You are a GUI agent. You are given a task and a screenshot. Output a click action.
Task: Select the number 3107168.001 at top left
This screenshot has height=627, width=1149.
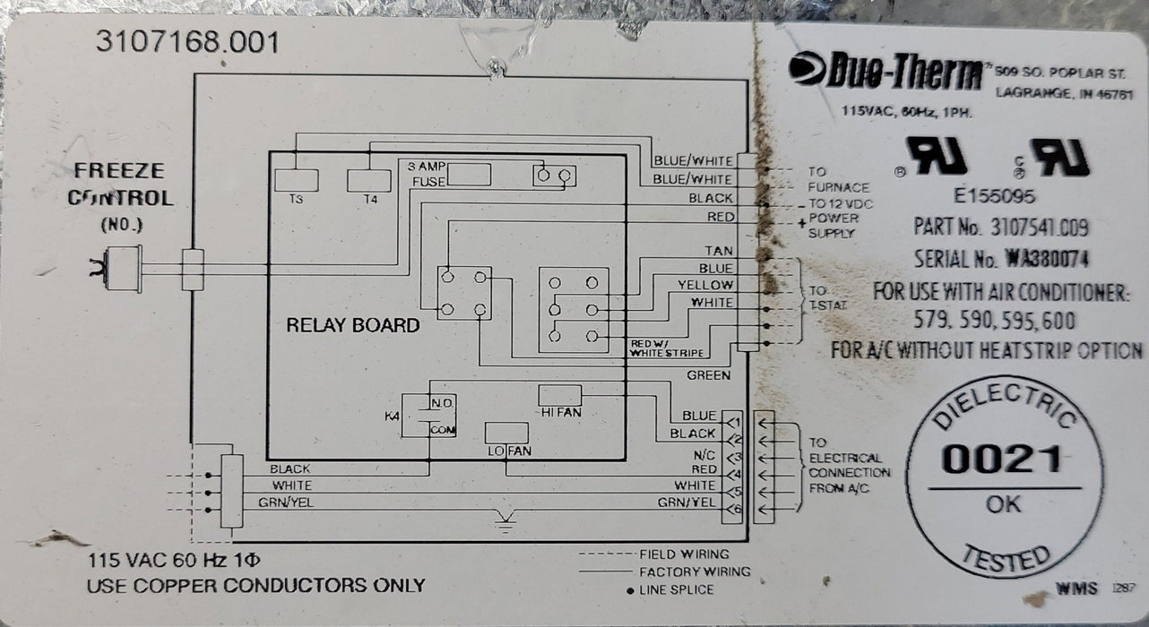185,42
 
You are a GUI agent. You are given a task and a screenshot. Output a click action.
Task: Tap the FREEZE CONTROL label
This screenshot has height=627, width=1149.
121,184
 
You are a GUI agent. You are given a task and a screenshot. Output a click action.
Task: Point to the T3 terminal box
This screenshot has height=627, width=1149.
296,180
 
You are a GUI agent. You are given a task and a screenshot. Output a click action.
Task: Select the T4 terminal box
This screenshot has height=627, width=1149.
368,180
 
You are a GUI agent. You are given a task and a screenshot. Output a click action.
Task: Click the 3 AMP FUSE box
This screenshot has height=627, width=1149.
468,175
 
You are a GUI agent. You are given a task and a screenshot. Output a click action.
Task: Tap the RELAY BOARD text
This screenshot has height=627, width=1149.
352,325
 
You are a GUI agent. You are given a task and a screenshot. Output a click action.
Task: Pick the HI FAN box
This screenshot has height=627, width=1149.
560,395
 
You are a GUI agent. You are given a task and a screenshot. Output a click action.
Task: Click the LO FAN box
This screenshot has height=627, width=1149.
507,434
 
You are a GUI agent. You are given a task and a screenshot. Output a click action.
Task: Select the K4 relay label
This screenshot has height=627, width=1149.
392,417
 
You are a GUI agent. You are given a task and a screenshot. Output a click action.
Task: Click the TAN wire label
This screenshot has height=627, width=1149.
719,252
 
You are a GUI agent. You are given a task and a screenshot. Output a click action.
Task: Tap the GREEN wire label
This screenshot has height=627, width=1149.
708,374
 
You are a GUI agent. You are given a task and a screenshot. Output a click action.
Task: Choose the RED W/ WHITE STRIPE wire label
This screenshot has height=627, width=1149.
667,348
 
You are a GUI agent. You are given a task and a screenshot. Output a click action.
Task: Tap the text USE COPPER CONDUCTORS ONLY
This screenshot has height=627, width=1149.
255,586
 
